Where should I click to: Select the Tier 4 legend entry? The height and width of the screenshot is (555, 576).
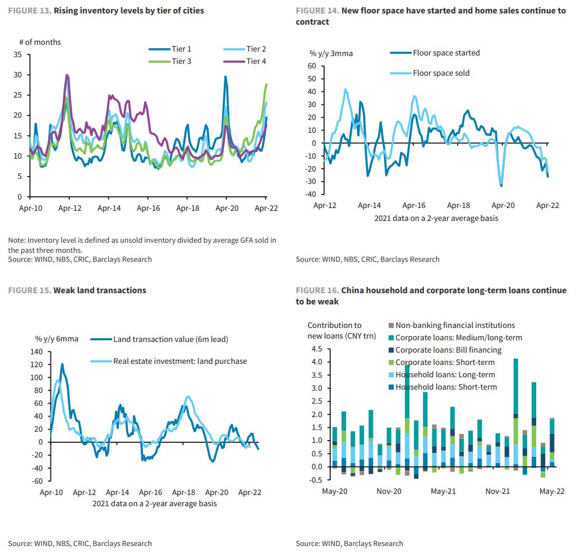click(x=256, y=61)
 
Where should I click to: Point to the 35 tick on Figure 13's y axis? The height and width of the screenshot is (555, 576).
click(x=18, y=54)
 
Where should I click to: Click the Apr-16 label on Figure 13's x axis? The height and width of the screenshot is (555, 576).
click(x=148, y=207)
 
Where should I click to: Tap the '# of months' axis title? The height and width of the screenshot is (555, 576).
click(x=40, y=42)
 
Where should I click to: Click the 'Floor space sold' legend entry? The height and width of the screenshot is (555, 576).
click(x=441, y=73)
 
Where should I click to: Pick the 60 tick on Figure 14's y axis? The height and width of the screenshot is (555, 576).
click(x=312, y=66)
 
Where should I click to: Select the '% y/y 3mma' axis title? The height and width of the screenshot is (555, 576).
click(x=331, y=53)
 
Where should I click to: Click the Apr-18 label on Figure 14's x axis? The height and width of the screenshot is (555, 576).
click(x=458, y=205)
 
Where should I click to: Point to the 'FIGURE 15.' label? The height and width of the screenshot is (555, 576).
click(x=29, y=290)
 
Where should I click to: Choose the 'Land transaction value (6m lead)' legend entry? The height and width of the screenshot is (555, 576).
click(x=171, y=339)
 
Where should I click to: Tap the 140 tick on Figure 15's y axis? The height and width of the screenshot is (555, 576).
click(x=36, y=351)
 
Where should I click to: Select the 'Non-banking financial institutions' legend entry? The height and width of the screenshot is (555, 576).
click(x=455, y=325)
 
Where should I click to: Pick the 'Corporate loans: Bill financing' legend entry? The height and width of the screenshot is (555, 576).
click(x=448, y=350)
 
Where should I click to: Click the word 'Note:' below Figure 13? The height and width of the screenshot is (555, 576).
click(x=17, y=240)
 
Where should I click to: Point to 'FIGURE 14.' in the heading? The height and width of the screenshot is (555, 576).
click(x=317, y=11)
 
